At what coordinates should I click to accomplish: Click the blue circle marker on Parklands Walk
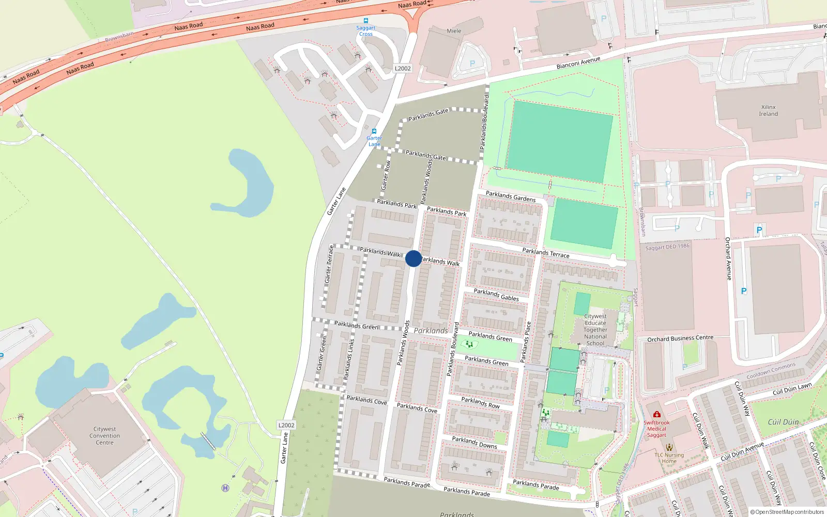point(413,258)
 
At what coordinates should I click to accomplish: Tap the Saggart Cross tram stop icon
point(366,21)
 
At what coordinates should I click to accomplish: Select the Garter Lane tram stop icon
point(374,131)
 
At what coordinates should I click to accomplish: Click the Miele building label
point(454,31)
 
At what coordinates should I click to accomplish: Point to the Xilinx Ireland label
point(768,111)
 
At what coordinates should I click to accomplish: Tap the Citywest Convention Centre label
point(104,436)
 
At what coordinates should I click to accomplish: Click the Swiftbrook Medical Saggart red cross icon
point(656,415)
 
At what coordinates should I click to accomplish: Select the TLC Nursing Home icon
point(669,447)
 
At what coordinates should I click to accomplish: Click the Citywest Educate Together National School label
point(595,329)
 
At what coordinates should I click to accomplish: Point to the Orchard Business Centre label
point(680,339)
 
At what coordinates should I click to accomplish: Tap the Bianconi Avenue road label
point(578,63)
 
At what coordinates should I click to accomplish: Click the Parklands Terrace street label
point(546,253)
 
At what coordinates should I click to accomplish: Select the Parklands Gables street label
point(496,295)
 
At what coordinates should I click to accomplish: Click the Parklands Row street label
point(480,403)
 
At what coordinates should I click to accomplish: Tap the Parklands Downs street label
point(474,443)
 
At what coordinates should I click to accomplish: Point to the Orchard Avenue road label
point(728,258)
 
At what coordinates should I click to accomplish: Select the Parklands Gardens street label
point(511,196)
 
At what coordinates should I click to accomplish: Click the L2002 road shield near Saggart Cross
point(403,68)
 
